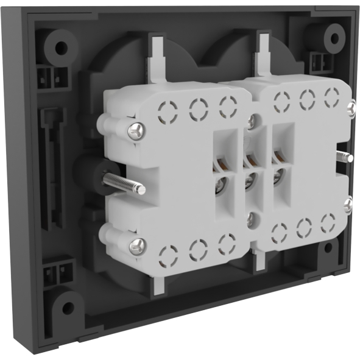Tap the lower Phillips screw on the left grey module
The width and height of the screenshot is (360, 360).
pyautogui.click(x=138, y=245)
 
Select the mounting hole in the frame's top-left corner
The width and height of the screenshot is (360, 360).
pyautogui.click(x=60, y=46)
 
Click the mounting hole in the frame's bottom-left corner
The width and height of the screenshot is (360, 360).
pyautogui.click(x=67, y=306)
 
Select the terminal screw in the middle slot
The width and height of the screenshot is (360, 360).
pyautogui.click(x=249, y=180)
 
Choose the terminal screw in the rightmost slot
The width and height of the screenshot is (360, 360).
pyautogui.click(x=278, y=176)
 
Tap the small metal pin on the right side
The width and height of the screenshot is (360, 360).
pyautogui.click(x=345, y=157)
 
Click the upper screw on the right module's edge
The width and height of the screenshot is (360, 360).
pyautogui.click(x=350, y=109)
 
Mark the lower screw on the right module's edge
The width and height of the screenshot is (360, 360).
pyautogui.click(x=348, y=205)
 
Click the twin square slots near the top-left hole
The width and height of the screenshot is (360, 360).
pyautogui.click(x=51, y=77)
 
